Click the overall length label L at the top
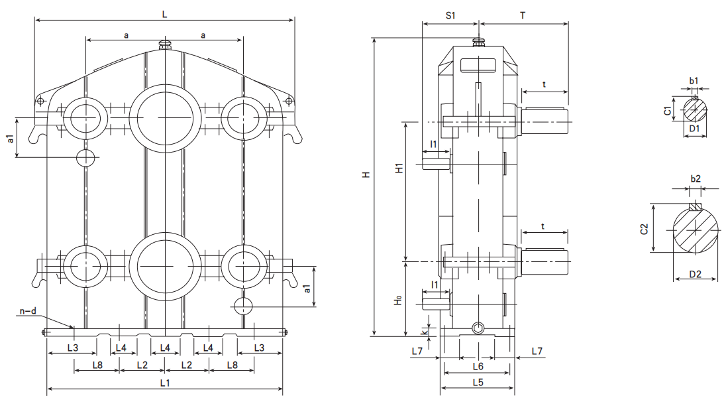click(x=164, y=13)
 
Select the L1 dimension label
click(x=165, y=383)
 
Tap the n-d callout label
click(x=27, y=310)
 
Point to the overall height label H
click(x=365, y=176)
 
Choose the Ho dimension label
click(x=397, y=300)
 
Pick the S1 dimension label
click(x=450, y=15)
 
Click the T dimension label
click(x=523, y=15)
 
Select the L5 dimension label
click(x=477, y=383)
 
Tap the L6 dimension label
click(x=478, y=366)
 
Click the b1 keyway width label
click(x=694, y=81)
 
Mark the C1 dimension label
click(x=668, y=109)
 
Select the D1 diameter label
click(x=694, y=128)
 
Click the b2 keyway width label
click(x=695, y=179)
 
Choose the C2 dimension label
click(x=644, y=229)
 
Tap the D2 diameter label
click(x=695, y=273)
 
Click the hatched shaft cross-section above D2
click(x=695, y=229)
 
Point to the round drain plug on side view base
click(x=478, y=328)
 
